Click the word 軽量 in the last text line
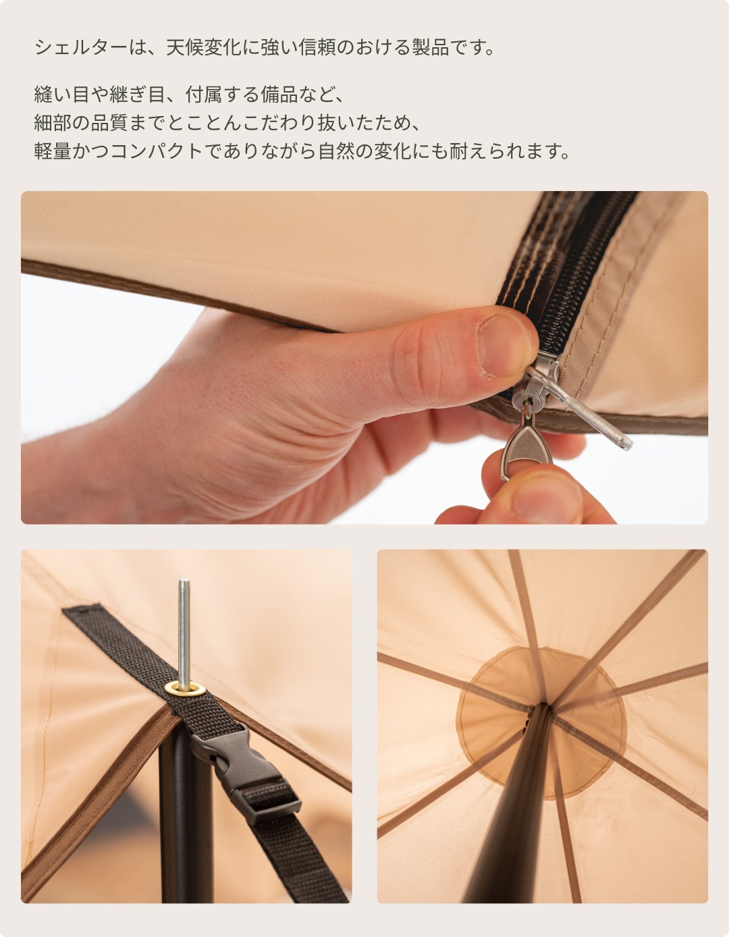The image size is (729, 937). coord(53,151)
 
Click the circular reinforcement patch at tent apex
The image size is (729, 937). coord(541,729)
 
